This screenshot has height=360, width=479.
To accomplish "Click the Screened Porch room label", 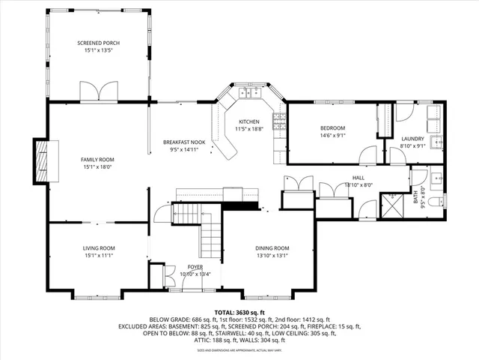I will tap(98, 43).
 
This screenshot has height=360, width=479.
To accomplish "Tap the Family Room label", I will tap(97, 160).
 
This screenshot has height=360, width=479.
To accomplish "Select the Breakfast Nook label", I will tap(184, 142).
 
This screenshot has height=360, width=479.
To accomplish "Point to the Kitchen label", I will tap(248, 122).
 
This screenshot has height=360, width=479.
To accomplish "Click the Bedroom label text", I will tap(332, 127).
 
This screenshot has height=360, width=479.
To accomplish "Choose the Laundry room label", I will tap(412, 139).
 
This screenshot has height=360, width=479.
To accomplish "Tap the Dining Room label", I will tap(272, 248).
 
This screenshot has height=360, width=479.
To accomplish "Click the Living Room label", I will tap(98, 247).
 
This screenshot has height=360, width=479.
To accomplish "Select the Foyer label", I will tap(195, 266).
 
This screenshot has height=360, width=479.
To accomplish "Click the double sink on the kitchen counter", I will tap(249, 94).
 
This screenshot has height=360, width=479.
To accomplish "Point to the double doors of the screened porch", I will tap(98, 92).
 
